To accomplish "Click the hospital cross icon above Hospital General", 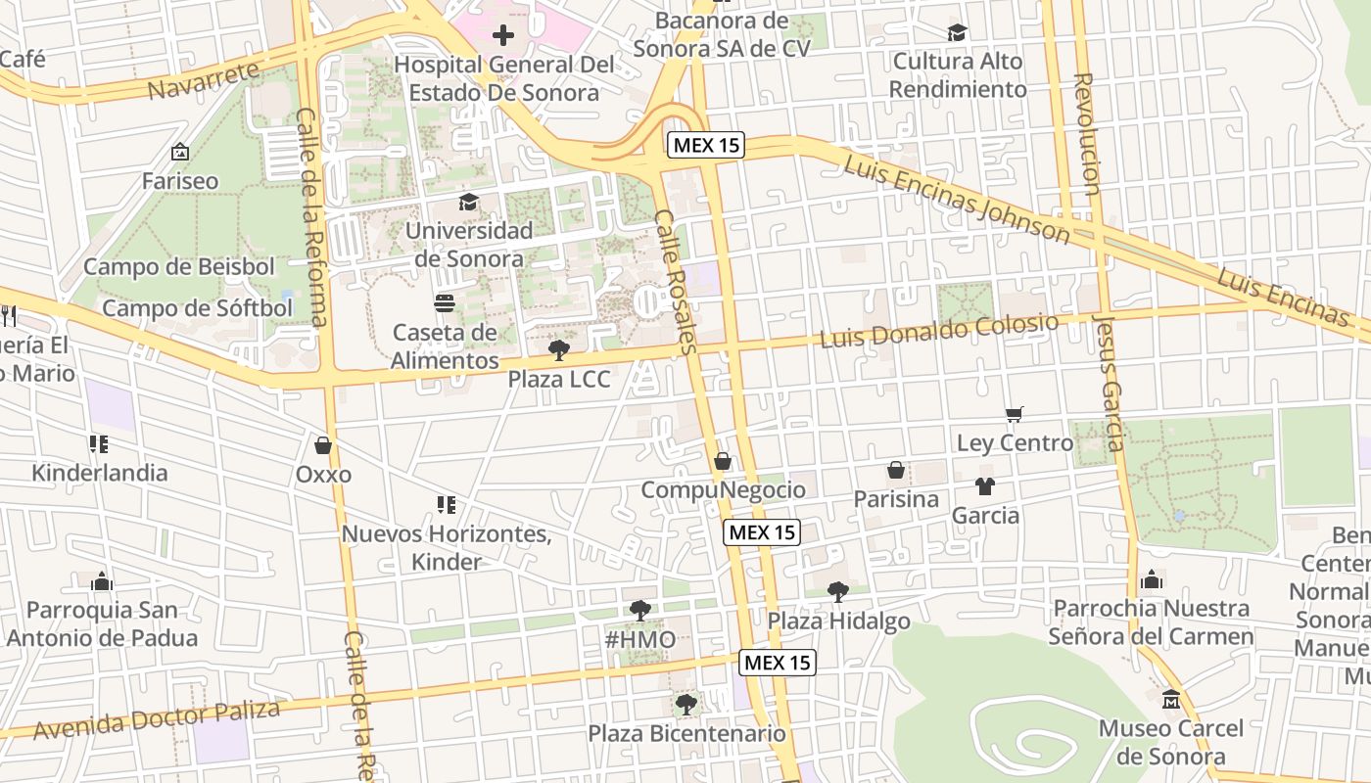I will pos(503,36).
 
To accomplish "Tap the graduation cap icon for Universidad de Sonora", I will pos(469,203).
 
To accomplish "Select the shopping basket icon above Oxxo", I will pos(323,446).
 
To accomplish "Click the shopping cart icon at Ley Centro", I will pos(1015,415).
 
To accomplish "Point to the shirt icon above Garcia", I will pos(985,486).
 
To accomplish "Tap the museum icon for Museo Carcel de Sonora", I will pos(1171,700).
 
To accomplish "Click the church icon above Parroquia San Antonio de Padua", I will pos(102,582).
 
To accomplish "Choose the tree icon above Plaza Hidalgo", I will pos(837,591).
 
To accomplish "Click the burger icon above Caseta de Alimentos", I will pos(445,303).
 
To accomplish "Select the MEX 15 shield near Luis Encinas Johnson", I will pos(706,146).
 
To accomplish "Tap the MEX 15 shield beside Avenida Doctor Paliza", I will pos(777,663).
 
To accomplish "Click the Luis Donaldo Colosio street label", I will pos(939,331).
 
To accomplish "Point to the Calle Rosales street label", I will pos(675,282).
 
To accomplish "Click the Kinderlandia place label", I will pos(100,473).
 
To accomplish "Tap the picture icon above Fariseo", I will pos(179,153).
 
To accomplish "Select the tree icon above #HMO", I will pos(639,611).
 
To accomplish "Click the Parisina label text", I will pos(896,499).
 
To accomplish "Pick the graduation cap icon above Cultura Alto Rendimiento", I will pos(957,32).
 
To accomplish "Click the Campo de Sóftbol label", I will pos(197,308).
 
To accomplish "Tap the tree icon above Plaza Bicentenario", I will pos(685,704).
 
